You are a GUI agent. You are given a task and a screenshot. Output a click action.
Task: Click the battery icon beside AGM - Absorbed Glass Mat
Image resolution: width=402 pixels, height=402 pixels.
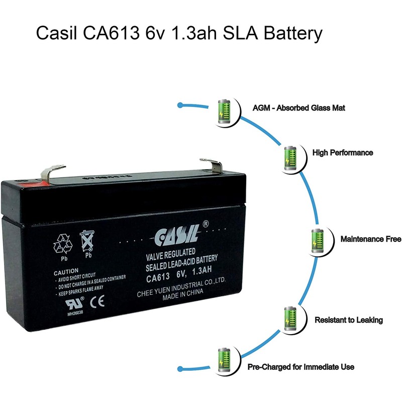pyautogui.click(x=224, y=111)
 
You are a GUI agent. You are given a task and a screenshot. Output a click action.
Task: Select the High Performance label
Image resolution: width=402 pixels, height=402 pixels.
pyautogui.click(x=343, y=152)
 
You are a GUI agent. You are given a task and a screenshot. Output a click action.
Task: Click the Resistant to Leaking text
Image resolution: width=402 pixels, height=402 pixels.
pyautogui.click(x=348, y=320)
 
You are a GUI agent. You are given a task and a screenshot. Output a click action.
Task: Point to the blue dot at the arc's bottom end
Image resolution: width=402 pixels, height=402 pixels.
pyautogui.click(x=180, y=366)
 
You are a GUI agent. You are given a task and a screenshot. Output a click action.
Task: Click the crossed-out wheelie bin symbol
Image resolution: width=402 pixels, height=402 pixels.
pyautogui.click(x=88, y=241)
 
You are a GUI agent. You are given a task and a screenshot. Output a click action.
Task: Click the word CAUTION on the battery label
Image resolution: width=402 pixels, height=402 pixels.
pyautogui.click(x=67, y=271)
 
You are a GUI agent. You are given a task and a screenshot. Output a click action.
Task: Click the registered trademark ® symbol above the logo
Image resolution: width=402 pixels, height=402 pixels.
pyautogui.click(x=205, y=224)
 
